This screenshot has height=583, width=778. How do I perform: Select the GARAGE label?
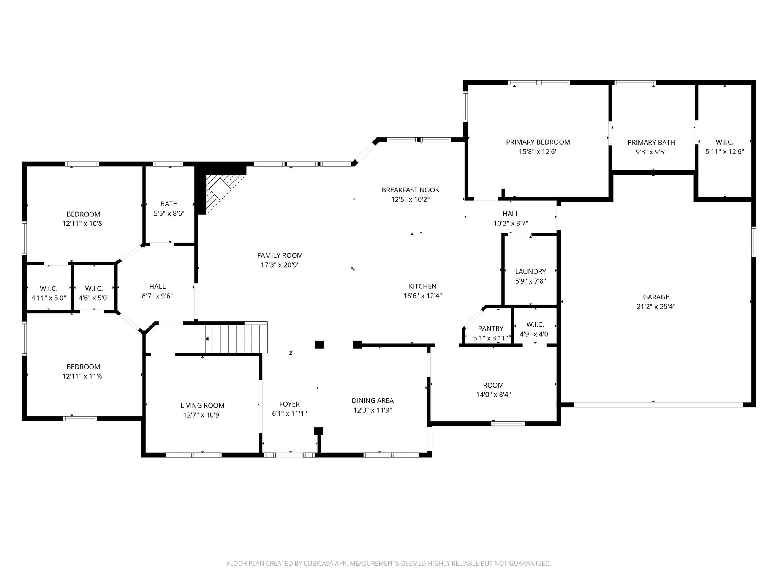(x=656, y=297)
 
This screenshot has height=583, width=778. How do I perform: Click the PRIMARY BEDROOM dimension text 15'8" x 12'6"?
(x=538, y=152)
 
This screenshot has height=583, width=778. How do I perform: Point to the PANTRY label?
(x=490, y=329)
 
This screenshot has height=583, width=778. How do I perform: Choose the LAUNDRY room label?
(x=530, y=271)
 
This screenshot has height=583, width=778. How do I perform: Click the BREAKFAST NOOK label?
(x=410, y=190)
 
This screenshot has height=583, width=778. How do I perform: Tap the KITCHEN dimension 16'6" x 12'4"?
(x=422, y=296)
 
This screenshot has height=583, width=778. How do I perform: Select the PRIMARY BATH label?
(x=651, y=143)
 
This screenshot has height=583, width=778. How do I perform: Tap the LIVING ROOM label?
(x=202, y=405)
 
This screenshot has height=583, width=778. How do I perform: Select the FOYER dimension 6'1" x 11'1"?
(x=289, y=414)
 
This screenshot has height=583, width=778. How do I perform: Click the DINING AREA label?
(x=372, y=400)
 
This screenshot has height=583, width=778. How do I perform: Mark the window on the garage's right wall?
(x=754, y=241)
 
